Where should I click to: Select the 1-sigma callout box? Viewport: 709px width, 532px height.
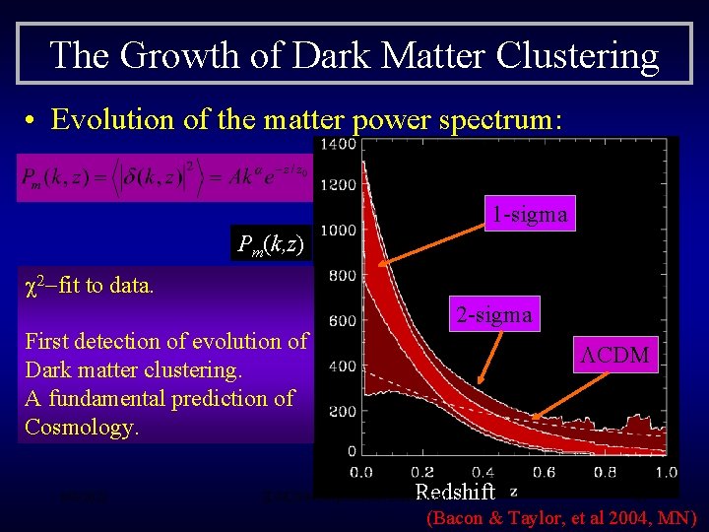[x=530, y=214]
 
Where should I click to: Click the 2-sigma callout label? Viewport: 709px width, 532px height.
[x=492, y=314]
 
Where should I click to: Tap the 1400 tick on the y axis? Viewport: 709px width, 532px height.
[x=337, y=146]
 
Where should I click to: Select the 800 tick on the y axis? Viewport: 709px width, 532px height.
[x=342, y=276]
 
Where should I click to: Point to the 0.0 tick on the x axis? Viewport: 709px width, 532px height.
[x=362, y=471]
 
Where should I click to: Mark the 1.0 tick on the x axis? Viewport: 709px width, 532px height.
[x=666, y=471]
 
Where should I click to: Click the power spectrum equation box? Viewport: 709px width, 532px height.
[x=163, y=177]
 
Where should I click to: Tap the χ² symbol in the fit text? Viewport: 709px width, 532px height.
[x=34, y=286]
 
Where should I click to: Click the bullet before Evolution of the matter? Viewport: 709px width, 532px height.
[x=32, y=120]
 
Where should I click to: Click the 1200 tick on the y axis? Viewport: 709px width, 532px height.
[x=337, y=184]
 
